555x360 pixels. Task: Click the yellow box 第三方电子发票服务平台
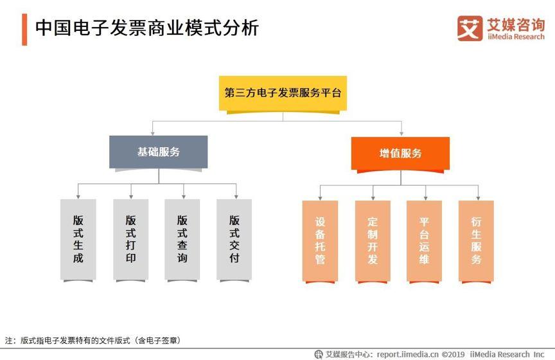[283, 93]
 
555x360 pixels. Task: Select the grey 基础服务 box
[158, 152]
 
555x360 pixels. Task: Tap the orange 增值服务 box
[400, 154]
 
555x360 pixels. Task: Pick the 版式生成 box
[78, 240]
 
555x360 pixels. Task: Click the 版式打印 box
[130, 240]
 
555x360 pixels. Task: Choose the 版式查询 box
[182, 240]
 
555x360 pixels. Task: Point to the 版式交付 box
[234, 240]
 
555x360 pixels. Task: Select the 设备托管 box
[320, 241]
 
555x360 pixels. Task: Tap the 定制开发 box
[373, 241]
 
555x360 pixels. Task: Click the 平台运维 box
[424, 241]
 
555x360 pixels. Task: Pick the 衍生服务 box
[476, 241]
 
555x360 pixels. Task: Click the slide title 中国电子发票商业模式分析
[147, 28]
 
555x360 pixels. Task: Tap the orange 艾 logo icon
[470, 28]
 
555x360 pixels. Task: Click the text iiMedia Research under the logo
[516, 37]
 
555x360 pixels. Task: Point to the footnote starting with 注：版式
[93, 341]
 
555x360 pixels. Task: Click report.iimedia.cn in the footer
[407, 354]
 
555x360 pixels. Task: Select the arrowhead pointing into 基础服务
[152, 133]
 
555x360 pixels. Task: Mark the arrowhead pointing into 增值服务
[401, 134]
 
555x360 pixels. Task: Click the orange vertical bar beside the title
[24, 30]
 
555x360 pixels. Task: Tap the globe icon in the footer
[319, 354]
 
